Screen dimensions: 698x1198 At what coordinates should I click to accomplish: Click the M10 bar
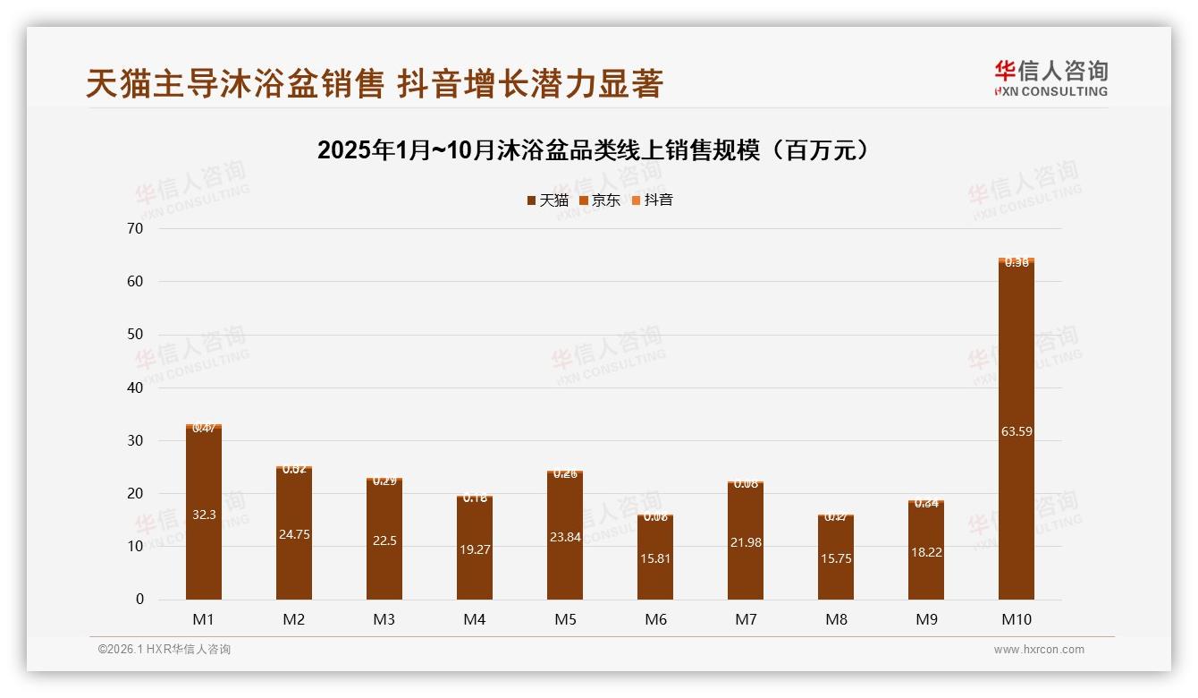[x=1017, y=430]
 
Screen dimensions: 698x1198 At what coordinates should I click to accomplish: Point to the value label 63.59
[x=1017, y=431]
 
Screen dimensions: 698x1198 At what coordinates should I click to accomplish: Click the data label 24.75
[x=294, y=534]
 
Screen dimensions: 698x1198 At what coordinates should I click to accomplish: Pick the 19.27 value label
[x=475, y=549]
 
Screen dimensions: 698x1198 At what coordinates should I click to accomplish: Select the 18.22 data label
[x=926, y=552]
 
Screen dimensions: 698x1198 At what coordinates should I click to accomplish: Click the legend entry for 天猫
[x=548, y=200]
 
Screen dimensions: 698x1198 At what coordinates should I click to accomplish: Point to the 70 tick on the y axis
[x=136, y=228]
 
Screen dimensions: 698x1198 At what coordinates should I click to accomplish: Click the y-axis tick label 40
[x=136, y=387]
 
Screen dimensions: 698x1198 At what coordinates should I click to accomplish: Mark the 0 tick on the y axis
[x=139, y=600]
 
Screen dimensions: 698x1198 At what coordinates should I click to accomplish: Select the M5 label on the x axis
[x=565, y=619]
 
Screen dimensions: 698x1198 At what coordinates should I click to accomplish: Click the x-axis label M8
[x=836, y=619]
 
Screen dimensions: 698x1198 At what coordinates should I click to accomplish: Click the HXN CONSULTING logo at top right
[x=1050, y=79]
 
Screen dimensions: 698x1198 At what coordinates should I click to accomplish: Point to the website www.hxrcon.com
[x=1039, y=650]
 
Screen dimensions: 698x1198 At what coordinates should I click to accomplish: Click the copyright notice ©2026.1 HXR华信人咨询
[x=165, y=650]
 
